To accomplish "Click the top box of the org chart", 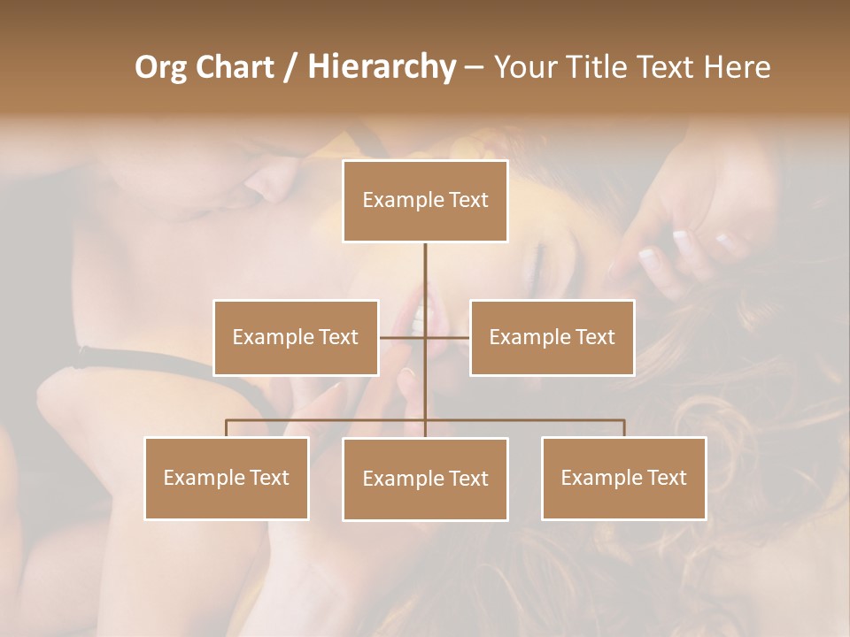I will [425, 201].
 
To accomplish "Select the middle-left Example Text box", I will [296, 337].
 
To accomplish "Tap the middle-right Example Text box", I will [552, 337].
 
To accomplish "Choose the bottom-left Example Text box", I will [227, 478].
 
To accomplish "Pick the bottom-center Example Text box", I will [425, 479].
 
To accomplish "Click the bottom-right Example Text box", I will [623, 478].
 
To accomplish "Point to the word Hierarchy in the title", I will [381, 67].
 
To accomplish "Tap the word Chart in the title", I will [234, 67].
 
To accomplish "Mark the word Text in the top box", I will [468, 200].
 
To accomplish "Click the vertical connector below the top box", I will [425, 274].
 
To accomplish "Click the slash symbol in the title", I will [290, 67].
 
